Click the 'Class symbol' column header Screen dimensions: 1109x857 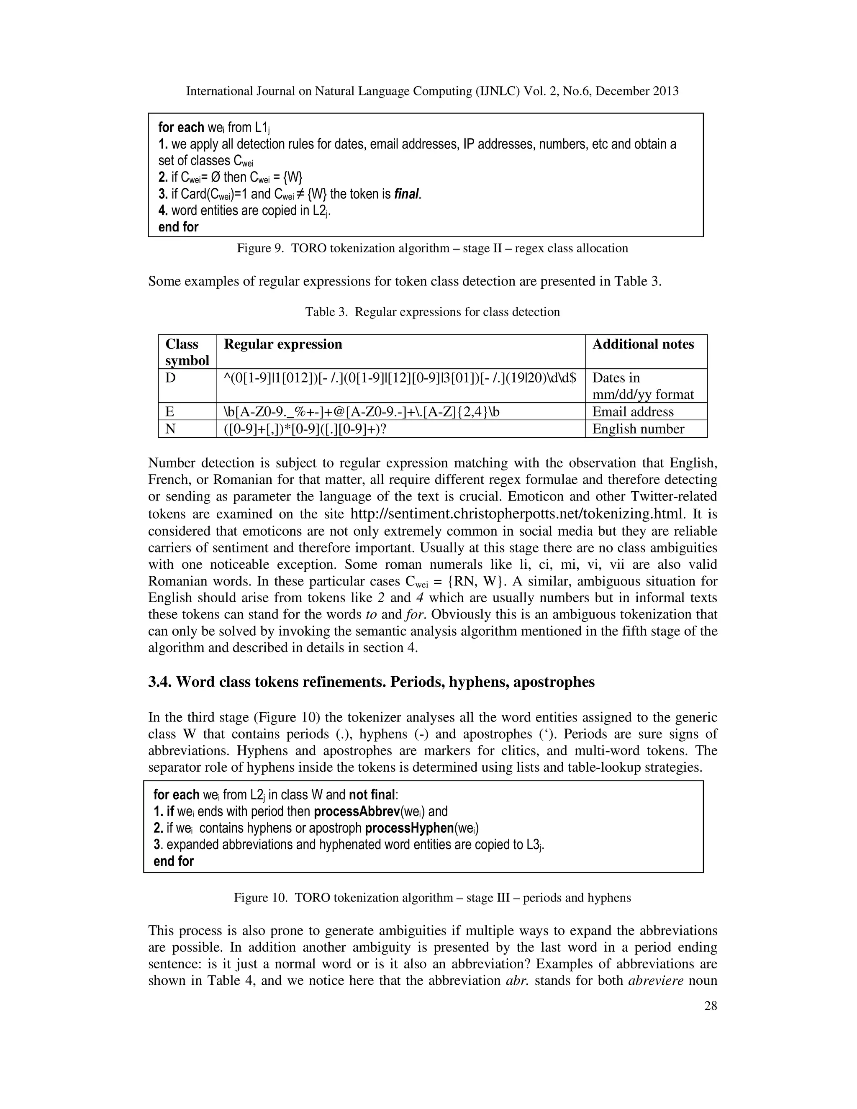(187, 352)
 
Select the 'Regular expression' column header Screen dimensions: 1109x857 (283, 344)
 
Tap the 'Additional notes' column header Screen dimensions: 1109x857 (643, 344)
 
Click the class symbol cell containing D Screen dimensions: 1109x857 (171, 378)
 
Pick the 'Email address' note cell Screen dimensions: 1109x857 (633, 412)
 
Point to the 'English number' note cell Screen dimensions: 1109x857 (638, 429)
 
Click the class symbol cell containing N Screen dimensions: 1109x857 (171, 429)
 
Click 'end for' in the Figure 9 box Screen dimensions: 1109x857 (178, 227)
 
